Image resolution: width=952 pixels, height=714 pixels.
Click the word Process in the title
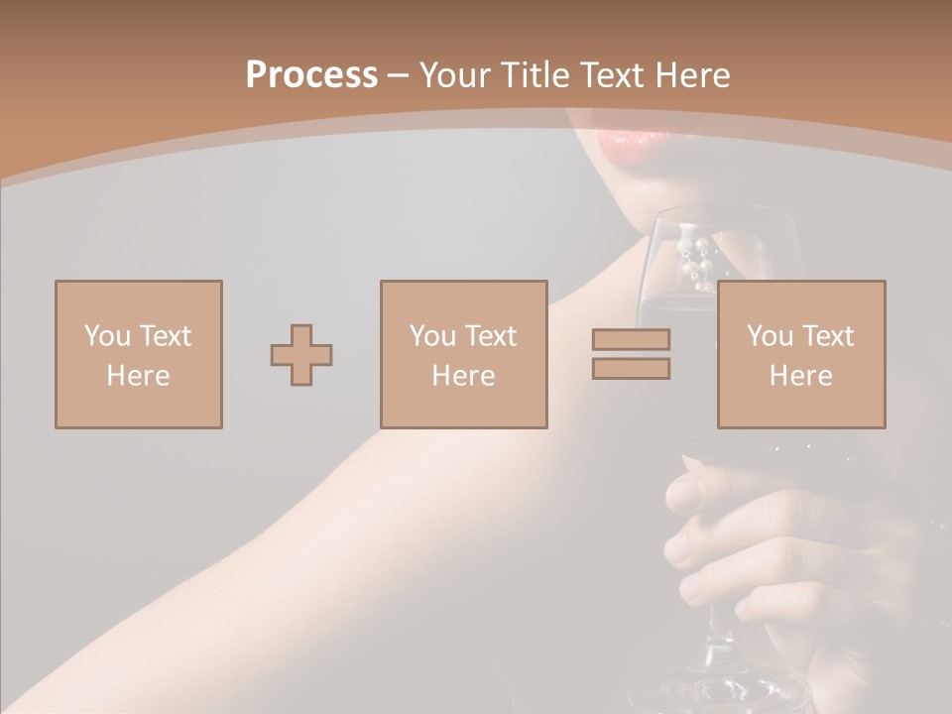tap(311, 75)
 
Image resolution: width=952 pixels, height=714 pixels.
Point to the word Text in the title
tap(618, 75)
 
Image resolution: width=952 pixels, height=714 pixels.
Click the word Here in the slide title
tap(693, 75)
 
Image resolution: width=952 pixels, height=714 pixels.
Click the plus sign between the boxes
tap(301, 354)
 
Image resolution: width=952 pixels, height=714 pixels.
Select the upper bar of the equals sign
tap(631, 339)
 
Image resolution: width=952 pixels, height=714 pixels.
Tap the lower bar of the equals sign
tap(631, 369)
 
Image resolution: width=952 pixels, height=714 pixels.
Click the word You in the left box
tap(107, 335)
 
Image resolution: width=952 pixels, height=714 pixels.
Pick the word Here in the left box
tap(138, 376)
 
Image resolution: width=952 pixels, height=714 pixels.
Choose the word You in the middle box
tap(432, 335)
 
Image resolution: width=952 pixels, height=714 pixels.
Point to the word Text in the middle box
tap(490, 335)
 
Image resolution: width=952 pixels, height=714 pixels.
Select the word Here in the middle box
tap(463, 376)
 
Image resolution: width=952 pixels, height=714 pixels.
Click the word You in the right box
tap(770, 335)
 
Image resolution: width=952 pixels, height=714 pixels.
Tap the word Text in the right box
tap(827, 335)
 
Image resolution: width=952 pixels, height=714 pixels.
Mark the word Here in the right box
tap(800, 376)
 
